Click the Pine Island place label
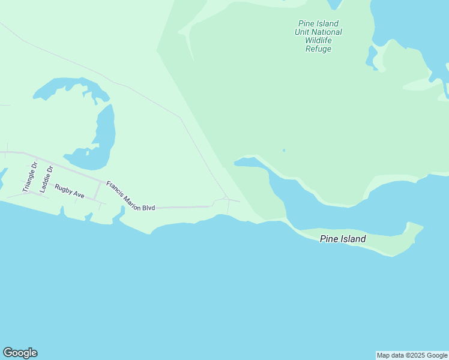(343, 239)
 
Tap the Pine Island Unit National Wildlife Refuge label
(319, 37)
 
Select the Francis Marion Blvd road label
(131, 196)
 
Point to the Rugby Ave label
(70, 191)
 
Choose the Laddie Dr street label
(46, 179)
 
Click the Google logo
(20, 353)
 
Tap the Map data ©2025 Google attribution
(412, 355)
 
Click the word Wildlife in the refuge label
(318, 41)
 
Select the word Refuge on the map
(318, 49)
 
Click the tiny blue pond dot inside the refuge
(283, 151)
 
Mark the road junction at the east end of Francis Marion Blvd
(226, 198)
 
